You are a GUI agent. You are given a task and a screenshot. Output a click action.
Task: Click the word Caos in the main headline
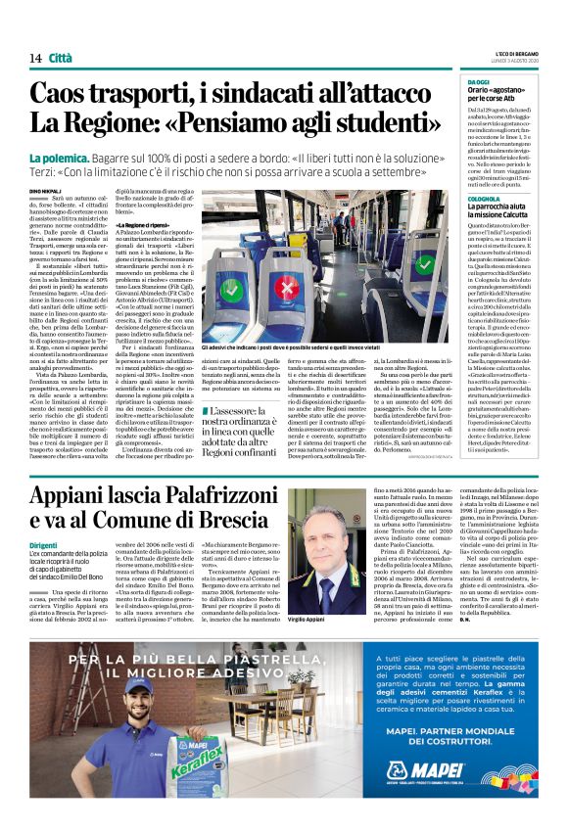(63, 94)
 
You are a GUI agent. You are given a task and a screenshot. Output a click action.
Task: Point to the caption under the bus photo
(313, 347)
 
